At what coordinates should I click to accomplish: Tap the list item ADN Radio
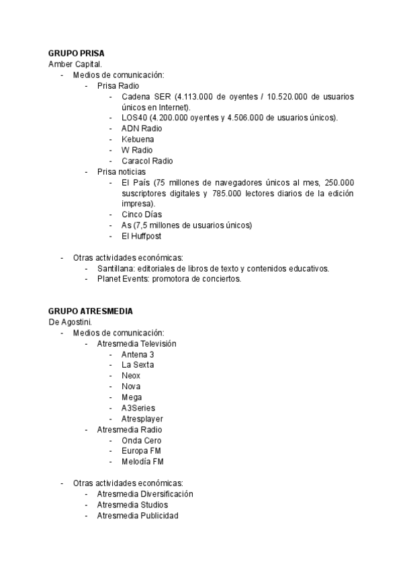[142, 128]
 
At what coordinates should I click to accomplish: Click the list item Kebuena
[138, 139]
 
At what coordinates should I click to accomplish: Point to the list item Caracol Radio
[147, 161]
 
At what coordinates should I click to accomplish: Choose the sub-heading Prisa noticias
[122, 171]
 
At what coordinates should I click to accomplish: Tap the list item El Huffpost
[142, 236]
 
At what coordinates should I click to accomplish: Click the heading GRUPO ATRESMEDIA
[90, 311]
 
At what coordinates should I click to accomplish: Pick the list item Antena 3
[138, 354]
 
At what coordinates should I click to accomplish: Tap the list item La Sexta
[138, 365]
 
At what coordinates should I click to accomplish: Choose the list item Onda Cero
[142, 440]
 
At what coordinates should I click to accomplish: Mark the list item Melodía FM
[142, 462]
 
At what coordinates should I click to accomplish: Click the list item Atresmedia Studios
[132, 505]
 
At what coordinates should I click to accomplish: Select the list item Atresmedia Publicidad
[138, 516]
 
